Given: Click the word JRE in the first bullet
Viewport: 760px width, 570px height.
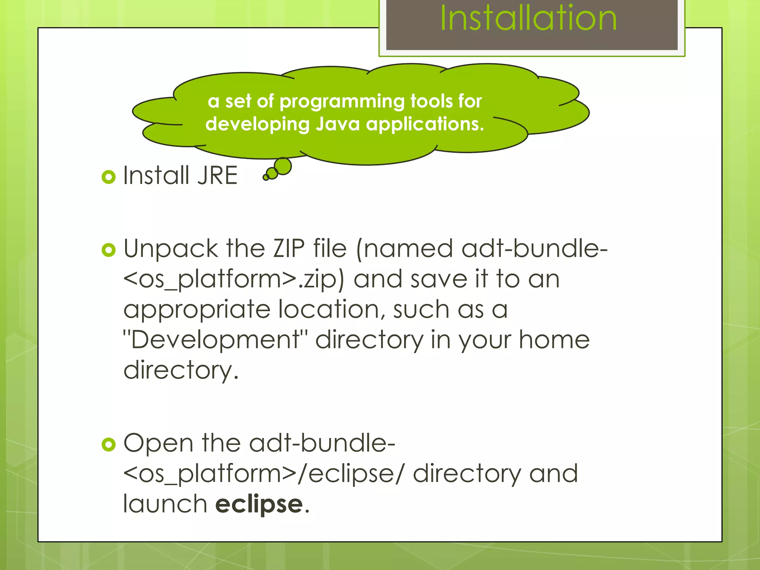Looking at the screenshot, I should (x=217, y=175).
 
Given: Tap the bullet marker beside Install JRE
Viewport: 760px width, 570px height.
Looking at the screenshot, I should (x=108, y=177).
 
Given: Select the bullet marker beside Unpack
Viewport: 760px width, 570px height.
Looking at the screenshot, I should (x=108, y=250).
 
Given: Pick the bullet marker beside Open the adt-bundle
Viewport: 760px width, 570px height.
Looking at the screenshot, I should (x=108, y=444).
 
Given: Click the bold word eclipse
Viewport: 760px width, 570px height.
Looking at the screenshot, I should (x=259, y=504).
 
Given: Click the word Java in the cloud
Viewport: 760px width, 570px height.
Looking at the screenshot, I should (x=338, y=124).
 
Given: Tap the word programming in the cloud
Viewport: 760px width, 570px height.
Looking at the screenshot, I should (x=342, y=102).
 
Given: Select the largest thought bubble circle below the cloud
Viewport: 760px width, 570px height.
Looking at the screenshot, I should (x=283, y=166).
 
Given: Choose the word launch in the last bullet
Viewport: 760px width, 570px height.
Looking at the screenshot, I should (x=165, y=504).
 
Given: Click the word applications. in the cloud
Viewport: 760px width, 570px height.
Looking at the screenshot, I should (x=425, y=124).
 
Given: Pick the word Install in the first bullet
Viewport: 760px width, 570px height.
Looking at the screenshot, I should (x=156, y=175).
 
